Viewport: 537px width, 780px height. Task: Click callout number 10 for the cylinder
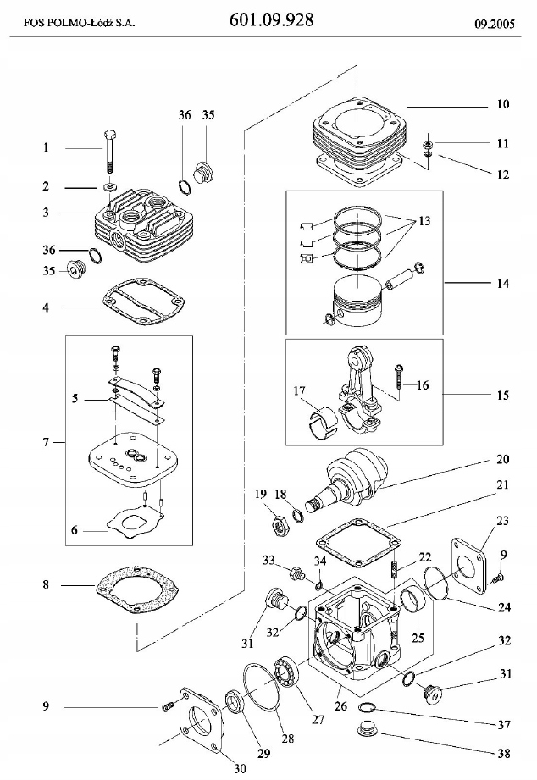pos(502,105)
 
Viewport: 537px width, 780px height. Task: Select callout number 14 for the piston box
pos(503,283)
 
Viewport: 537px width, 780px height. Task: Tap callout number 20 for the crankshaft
pos(503,461)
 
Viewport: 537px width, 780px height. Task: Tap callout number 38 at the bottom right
pos(502,750)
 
